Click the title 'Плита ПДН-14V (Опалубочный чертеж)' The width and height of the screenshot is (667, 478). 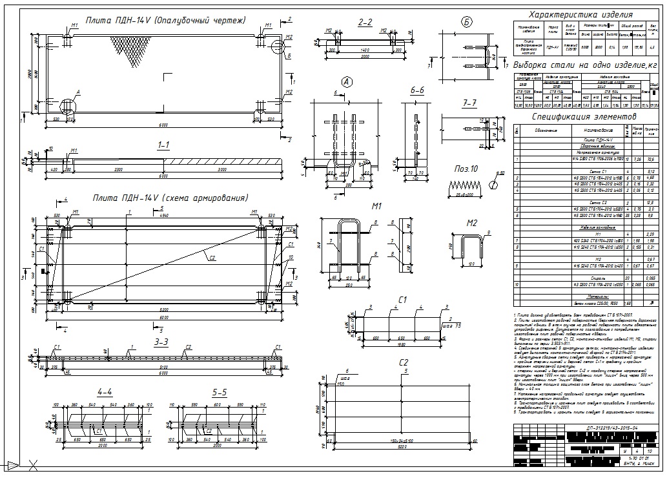click(x=165, y=21)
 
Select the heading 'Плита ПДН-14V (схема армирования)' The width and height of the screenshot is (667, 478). click(x=170, y=198)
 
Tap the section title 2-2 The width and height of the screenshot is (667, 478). click(x=365, y=23)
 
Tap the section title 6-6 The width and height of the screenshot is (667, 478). click(x=417, y=91)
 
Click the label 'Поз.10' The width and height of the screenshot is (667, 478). click(x=465, y=169)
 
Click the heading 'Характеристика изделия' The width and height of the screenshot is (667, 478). click(x=580, y=14)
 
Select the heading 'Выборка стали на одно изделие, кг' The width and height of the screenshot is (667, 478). click(x=586, y=66)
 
